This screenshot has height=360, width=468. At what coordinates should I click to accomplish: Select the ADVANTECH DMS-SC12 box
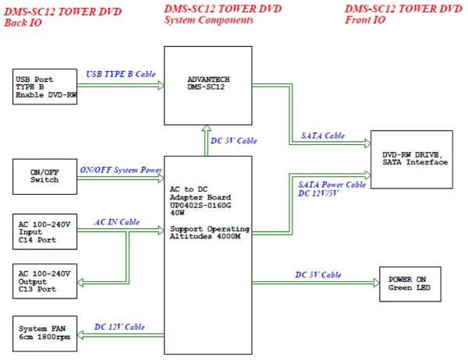click(x=207, y=84)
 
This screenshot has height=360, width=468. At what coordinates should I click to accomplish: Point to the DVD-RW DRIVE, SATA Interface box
click(x=411, y=159)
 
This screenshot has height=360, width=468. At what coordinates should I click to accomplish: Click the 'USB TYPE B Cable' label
click(x=121, y=74)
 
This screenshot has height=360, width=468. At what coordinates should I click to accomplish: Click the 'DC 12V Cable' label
click(x=119, y=326)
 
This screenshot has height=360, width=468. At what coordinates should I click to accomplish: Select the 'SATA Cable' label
click(x=322, y=136)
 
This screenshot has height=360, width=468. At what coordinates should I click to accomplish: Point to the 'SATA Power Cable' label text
click(x=331, y=185)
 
